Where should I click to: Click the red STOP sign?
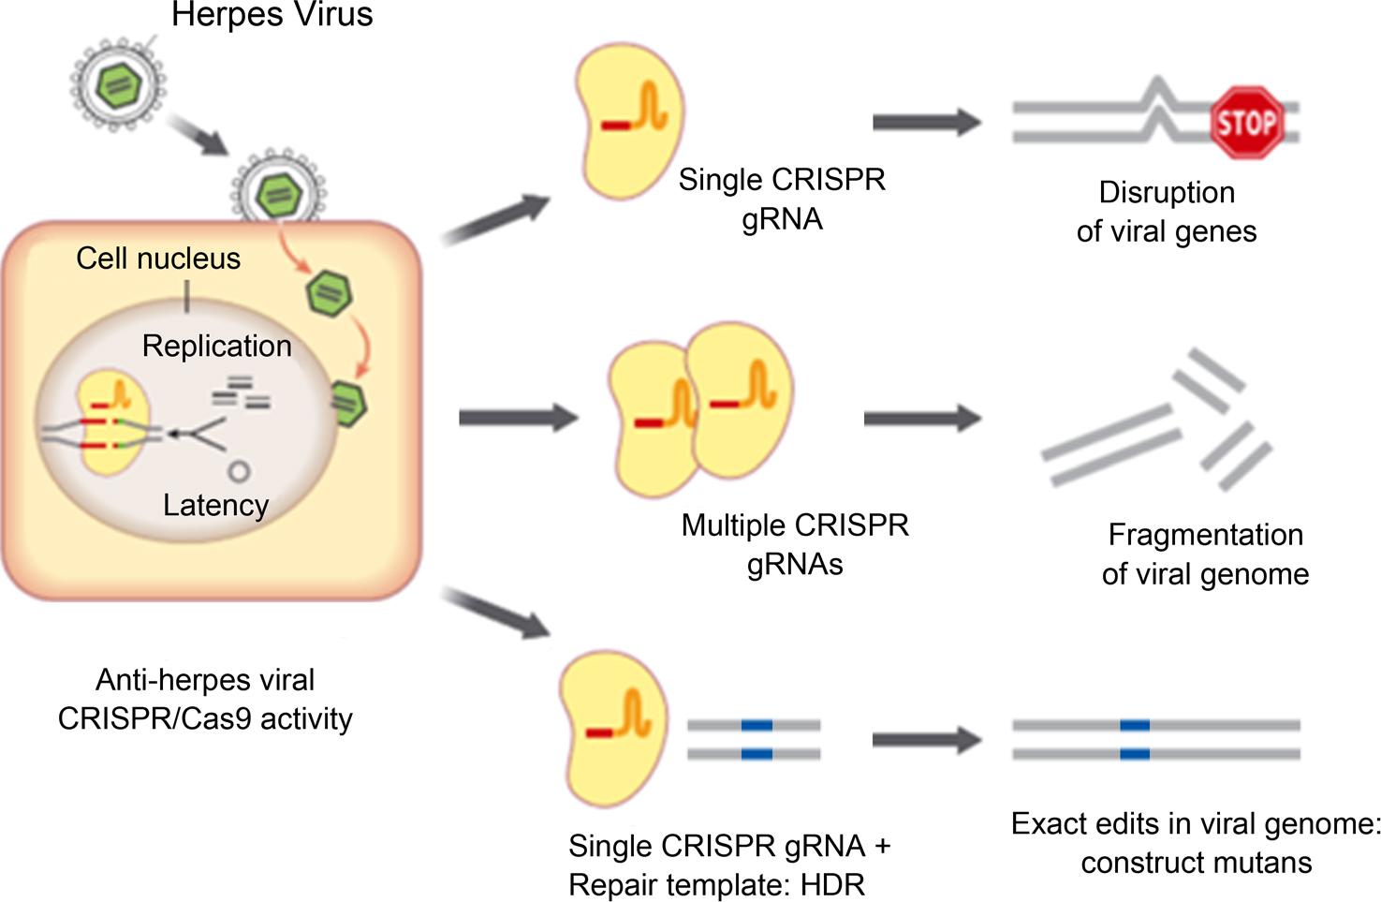point(1246,123)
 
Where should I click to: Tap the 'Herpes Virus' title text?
point(272,15)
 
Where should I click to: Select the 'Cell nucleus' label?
point(158,259)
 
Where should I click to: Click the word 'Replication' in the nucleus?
point(216,346)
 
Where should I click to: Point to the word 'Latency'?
point(215,505)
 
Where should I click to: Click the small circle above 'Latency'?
point(239,471)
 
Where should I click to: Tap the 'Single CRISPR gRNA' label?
point(782,199)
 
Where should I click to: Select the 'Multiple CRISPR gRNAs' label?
point(795,544)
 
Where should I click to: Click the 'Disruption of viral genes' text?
point(1167,212)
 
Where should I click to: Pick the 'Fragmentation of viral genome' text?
point(1205,554)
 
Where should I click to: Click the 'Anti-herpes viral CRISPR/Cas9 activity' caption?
point(205,699)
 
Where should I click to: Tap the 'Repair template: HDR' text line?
point(716,884)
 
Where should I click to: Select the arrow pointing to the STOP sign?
point(926,121)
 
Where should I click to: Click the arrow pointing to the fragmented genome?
point(921,417)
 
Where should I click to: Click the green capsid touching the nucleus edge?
point(348,404)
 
